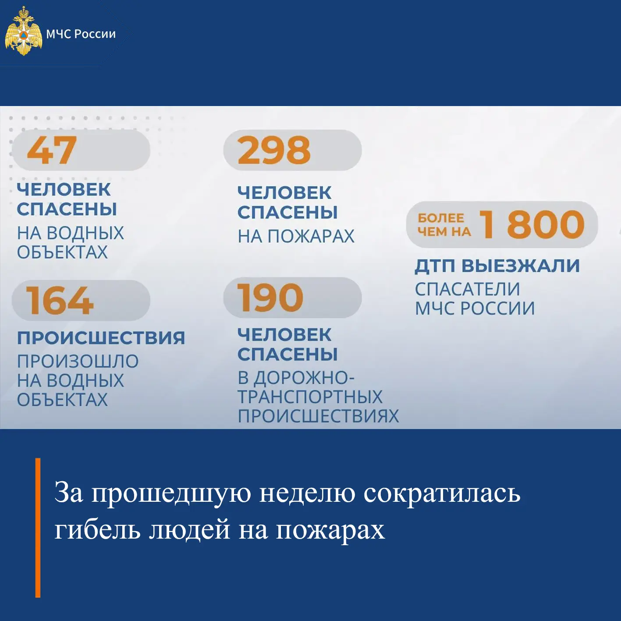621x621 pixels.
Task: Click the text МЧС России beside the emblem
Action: click(81, 34)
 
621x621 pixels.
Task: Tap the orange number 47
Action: click(52, 150)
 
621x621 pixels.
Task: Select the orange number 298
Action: click(274, 150)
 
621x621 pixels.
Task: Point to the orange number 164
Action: click(60, 300)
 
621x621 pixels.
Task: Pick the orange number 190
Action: click(270, 298)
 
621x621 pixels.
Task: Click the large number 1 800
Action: click(532, 225)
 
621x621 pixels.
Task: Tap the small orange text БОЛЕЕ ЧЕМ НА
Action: click(444, 225)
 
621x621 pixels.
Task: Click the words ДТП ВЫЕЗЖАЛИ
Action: click(497, 266)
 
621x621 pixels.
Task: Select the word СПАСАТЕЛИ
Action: click(467, 289)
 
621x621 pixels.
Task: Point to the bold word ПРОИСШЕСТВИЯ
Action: click(101, 337)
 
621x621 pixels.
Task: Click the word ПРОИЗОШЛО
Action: click(78, 361)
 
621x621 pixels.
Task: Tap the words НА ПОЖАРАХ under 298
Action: click(296, 236)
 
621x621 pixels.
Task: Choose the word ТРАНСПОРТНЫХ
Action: click(310, 397)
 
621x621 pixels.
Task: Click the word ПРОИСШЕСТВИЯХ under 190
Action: click(319, 416)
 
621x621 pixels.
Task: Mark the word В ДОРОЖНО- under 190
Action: click(296, 378)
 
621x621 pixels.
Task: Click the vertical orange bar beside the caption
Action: click(38, 528)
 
